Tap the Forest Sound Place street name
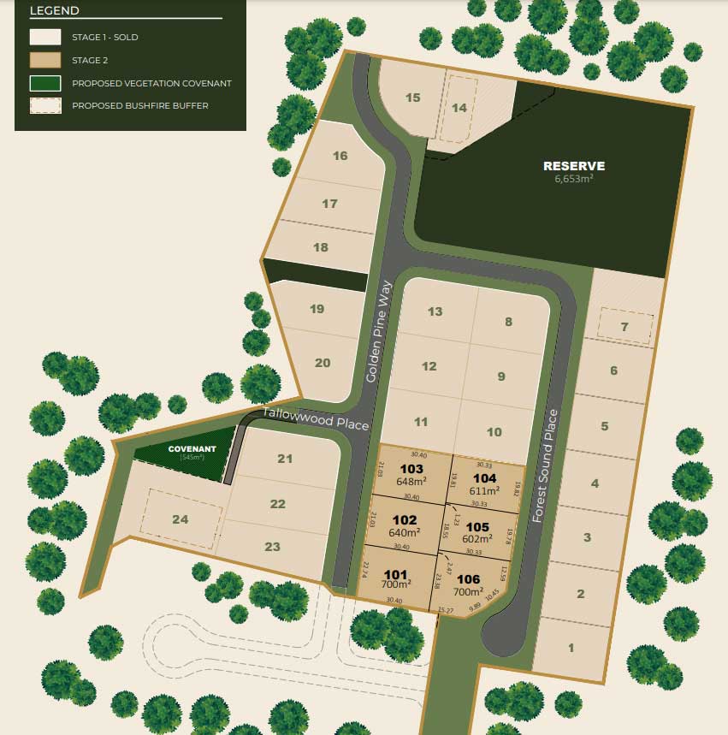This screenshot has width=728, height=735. point(546,465)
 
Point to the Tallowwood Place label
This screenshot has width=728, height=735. point(317,418)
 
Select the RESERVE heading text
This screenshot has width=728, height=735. point(574,166)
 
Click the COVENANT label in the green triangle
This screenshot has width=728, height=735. point(192,448)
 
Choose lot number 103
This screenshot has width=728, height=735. point(411,469)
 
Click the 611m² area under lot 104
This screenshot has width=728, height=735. point(484,491)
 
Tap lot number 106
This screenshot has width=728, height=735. point(469,579)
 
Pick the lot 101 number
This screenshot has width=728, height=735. point(394,574)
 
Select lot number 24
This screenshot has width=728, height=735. point(180,519)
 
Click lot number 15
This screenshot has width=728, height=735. point(413,98)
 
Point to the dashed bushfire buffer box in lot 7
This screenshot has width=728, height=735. point(625,326)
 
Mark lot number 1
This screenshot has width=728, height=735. point(571,648)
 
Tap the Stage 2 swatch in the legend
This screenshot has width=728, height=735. point(45,60)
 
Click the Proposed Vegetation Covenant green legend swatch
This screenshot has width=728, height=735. point(45,84)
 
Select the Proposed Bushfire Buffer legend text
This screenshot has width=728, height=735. point(140,106)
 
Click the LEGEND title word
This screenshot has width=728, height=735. point(54,11)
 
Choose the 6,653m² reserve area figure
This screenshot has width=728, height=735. point(574,180)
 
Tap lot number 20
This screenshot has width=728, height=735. point(323,363)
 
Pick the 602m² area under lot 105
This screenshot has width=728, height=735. point(478,539)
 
